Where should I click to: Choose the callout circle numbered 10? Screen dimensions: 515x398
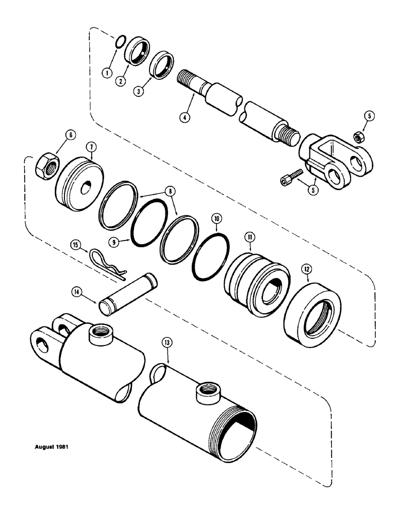pyautogui.click(x=215, y=219)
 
